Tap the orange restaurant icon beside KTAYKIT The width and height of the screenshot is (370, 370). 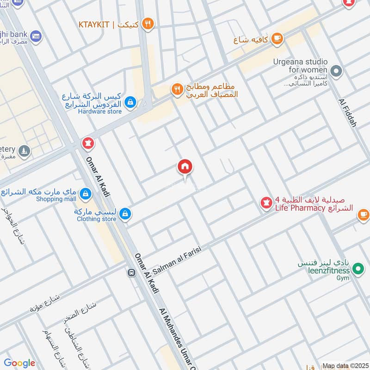[x=148, y=24]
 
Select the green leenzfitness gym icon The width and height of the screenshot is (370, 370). [x=357, y=268]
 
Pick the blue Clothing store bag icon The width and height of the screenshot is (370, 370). [x=124, y=214]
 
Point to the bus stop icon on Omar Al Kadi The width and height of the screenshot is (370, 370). [x=131, y=273]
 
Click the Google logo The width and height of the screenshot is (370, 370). [x=19, y=363]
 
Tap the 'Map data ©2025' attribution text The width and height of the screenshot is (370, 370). [x=345, y=366]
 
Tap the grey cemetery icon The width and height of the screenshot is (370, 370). [x=24, y=151]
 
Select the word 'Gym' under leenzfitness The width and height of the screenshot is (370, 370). [x=343, y=278]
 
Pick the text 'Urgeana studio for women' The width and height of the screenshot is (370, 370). [x=307, y=66]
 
